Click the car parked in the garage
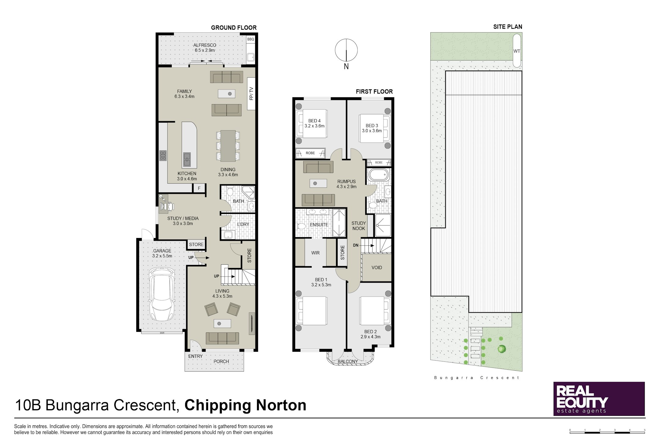(x=162, y=294)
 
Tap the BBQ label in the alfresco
(x=251, y=39)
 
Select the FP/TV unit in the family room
(x=251, y=94)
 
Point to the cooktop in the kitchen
(x=163, y=156)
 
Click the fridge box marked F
(x=199, y=188)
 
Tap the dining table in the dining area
(x=228, y=146)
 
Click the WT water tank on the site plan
(x=517, y=50)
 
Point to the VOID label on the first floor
(x=377, y=268)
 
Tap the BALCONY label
(x=348, y=361)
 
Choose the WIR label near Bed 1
(x=315, y=253)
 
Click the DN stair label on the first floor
(x=356, y=245)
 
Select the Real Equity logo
(x=599, y=399)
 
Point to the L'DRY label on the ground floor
(x=243, y=224)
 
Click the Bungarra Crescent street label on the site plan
(x=477, y=378)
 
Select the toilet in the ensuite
(x=302, y=226)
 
